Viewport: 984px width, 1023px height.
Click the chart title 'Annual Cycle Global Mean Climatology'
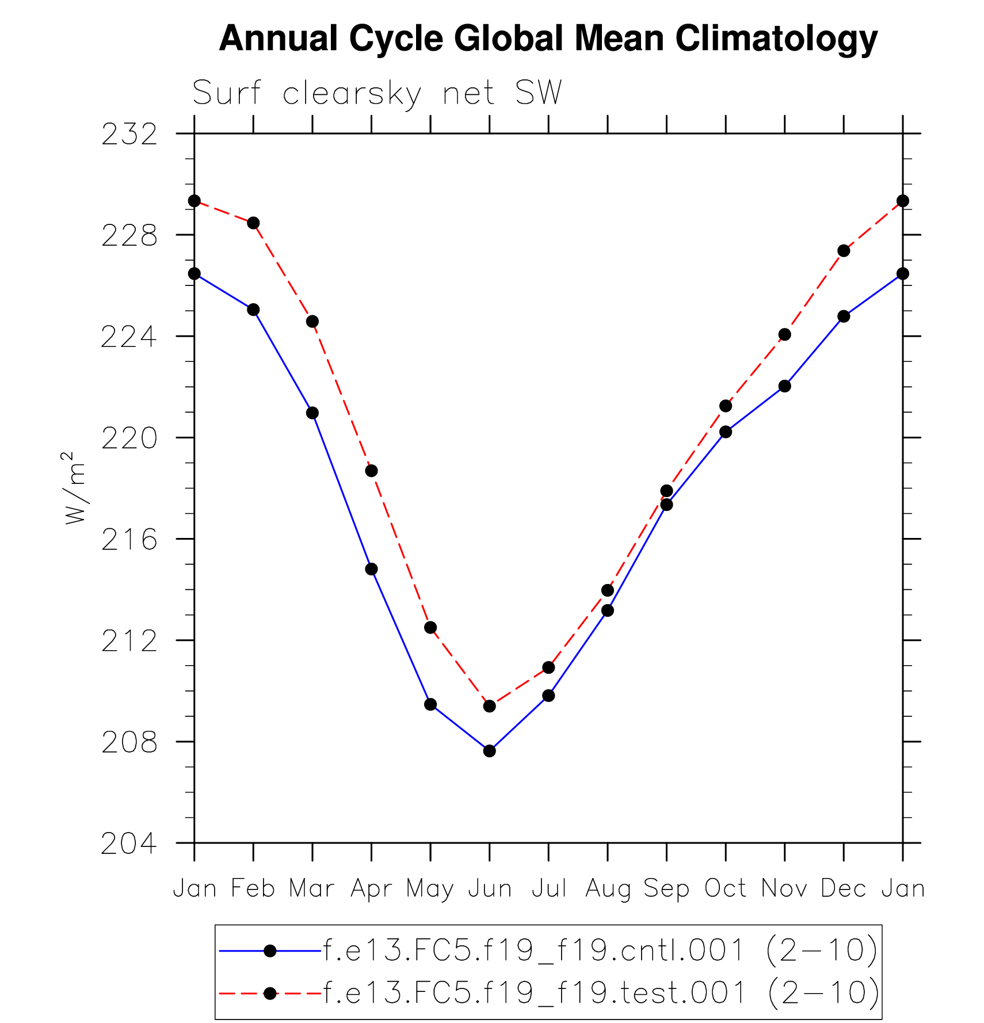tap(548, 39)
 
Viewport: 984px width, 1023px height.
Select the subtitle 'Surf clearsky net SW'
tap(377, 93)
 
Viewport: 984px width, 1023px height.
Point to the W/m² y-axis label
tap(75, 488)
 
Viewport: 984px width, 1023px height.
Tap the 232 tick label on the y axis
tap(129, 135)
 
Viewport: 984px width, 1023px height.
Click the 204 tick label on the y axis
tap(129, 844)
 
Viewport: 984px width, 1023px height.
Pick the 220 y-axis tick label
tap(129, 439)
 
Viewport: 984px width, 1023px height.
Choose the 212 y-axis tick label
tap(129, 642)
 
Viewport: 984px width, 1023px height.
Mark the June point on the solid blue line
tap(490, 751)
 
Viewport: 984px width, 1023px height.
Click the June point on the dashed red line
tap(490, 706)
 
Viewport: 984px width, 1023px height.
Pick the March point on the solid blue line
tap(312, 413)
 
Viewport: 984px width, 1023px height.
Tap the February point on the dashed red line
tap(253, 223)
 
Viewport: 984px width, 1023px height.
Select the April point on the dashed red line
tap(371, 471)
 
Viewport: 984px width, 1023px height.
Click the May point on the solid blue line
tap(430, 704)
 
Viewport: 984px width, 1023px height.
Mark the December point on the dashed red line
tap(844, 251)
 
